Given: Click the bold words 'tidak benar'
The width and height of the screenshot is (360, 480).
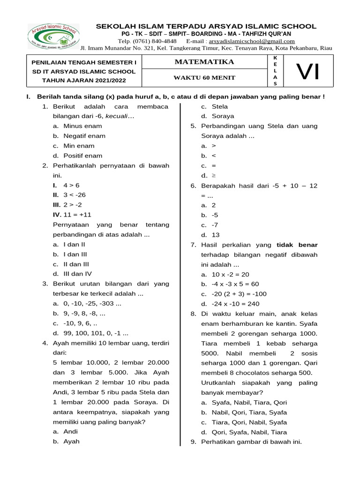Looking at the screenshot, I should [x=297, y=245].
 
